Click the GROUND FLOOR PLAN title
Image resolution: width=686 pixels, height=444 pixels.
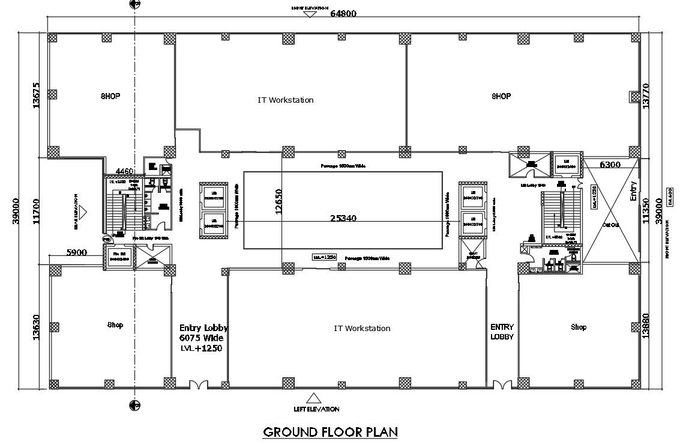(331, 431)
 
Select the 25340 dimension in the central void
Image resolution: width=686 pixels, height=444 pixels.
(343, 218)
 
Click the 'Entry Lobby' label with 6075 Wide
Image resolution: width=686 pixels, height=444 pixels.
(203, 338)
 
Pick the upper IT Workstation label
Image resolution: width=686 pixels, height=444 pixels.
(285, 100)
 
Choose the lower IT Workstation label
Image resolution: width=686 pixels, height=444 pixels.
(362, 328)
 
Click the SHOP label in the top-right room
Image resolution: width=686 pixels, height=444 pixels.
(501, 96)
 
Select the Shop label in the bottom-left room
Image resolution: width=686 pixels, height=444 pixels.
(115, 325)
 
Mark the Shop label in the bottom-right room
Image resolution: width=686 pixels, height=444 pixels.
(579, 327)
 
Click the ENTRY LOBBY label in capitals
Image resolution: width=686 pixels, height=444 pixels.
(502, 332)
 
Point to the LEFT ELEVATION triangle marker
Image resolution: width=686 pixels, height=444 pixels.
(313, 398)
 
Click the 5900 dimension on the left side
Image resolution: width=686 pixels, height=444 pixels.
(77, 252)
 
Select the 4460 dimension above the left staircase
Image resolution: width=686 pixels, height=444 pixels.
(125, 171)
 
